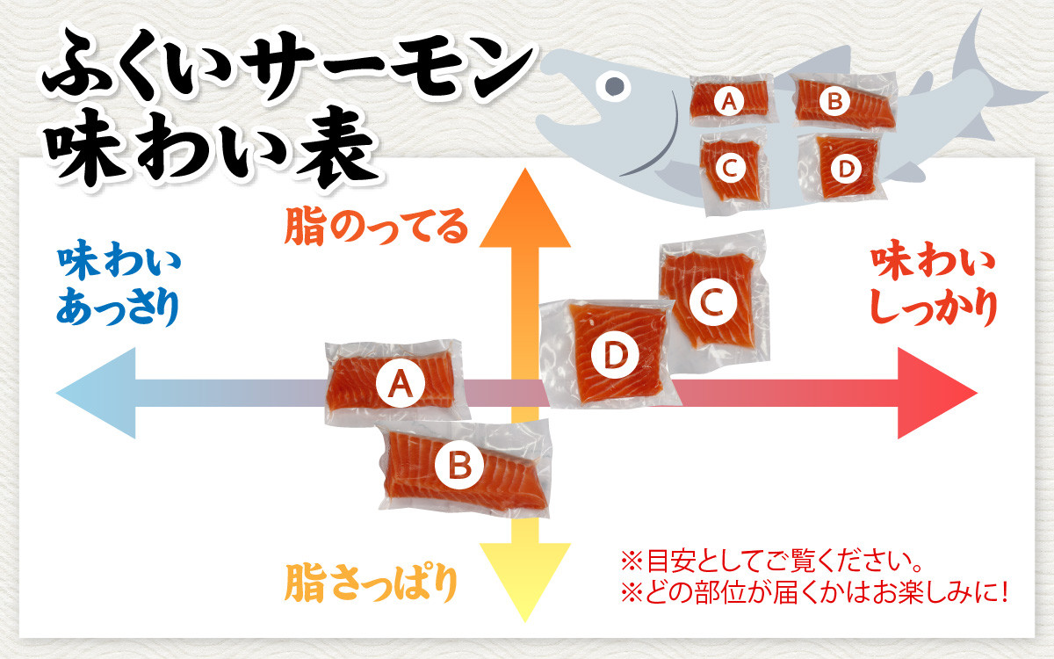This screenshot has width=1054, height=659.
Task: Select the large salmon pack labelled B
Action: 462,465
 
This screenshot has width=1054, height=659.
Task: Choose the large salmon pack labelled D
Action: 612,354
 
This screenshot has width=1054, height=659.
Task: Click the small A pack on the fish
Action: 730,103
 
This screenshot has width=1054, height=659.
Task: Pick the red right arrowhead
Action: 935,393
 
